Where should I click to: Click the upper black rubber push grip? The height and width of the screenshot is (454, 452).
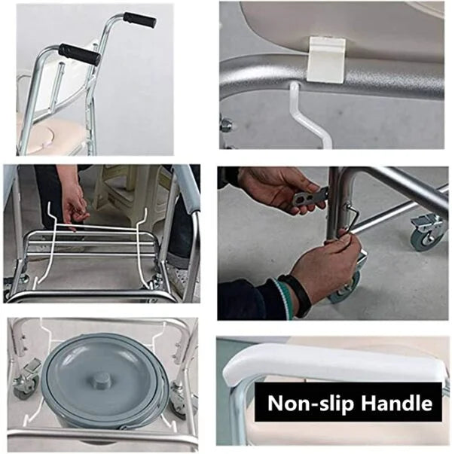[139, 20]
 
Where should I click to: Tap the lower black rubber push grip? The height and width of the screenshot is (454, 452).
[80, 54]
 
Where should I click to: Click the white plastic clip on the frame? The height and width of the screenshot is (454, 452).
[326, 58]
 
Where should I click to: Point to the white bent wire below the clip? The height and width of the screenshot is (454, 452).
[310, 116]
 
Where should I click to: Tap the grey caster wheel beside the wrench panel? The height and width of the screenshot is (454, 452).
[428, 233]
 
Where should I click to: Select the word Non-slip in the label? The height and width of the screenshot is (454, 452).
[307, 403]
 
